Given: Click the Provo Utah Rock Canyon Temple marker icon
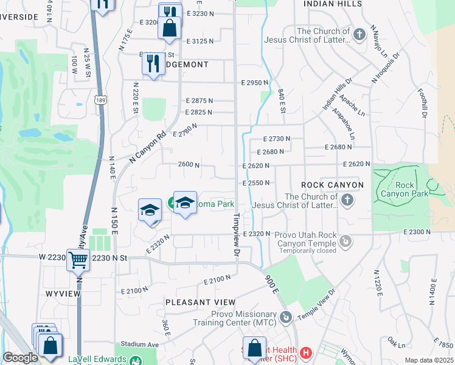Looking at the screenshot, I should click(346, 242).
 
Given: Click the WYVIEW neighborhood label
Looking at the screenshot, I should click(59, 293).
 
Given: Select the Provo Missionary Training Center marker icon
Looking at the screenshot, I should click(286, 318).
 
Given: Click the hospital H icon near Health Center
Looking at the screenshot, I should click(307, 352).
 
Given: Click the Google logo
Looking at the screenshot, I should click(20, 358).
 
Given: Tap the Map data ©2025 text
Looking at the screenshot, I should click(429, 360).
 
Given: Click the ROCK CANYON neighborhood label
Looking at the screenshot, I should click(332, 185).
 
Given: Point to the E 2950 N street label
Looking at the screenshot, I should click(255, 83).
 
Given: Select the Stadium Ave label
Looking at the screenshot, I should click(139, 344).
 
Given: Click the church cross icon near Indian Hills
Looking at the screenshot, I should click(359, 34).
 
